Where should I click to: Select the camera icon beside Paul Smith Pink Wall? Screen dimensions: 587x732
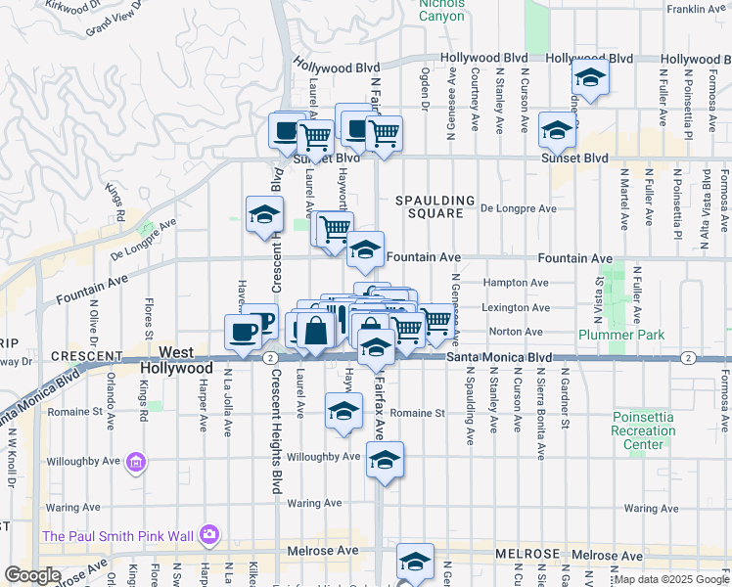pyautogui.click(x=208, y=534)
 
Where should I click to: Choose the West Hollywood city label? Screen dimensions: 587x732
pyautogui.click(x=176, y=359)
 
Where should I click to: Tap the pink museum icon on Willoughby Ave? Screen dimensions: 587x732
pyautogui.click(x=136, y=461)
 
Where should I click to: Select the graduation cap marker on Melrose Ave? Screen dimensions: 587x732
pyautogui.click(x=415, y=562)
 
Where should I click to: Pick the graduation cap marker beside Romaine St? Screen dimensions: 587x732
pyautogui.click(x=343, y=412)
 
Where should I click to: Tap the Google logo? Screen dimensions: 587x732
pyautogui.click(x=32, y=575)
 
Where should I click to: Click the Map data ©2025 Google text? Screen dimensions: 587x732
pyautogui.click(x=671, y=579)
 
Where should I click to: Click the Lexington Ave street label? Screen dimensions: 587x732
pyautogui.click(x=516, y=307)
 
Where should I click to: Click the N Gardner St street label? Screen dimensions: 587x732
pyautogui.click(x=564, y=400)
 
